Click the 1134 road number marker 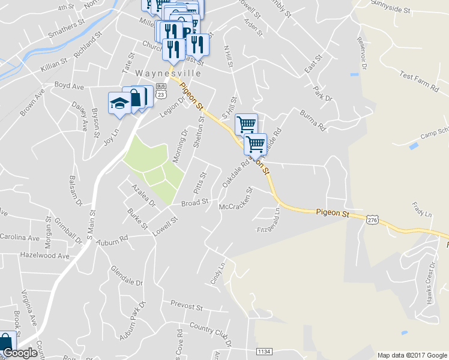(x=264, y=350)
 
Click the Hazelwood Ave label (x=44, y=256)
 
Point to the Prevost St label (x=186, y=307)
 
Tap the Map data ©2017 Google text (x=412, y=355)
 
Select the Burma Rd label (x=313, y=119)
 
